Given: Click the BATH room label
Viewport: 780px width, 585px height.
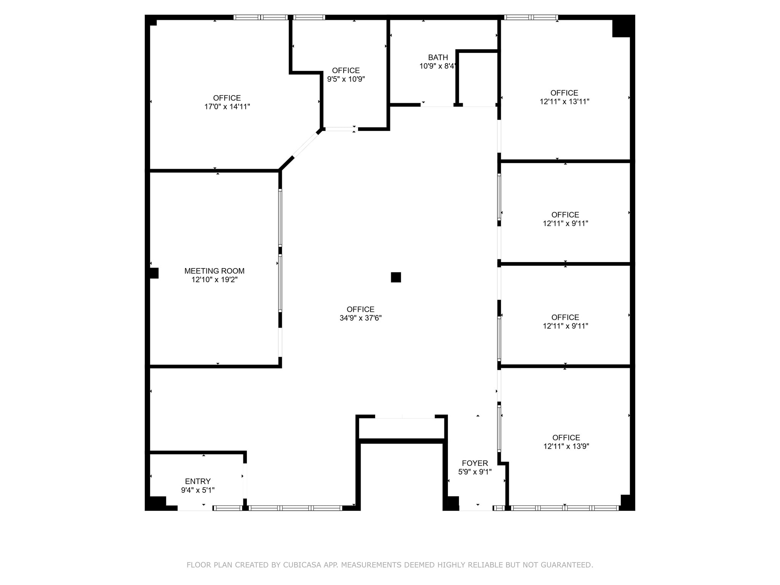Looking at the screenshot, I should tap(438, 58).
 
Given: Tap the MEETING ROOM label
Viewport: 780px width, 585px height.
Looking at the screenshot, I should tap(214, 271).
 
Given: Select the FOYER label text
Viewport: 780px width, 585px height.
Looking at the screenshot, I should tap(475, 463).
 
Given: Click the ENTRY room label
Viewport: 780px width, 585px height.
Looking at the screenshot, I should tap(198, 481).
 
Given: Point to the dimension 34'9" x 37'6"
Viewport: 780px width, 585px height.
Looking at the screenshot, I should tap(360, 318).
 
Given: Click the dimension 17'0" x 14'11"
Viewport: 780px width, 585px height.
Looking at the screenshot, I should tap(227, 107).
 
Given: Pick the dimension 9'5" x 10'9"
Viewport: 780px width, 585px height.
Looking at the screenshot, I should tap(346, 79).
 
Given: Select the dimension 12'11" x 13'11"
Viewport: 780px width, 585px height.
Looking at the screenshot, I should tap(564, 102).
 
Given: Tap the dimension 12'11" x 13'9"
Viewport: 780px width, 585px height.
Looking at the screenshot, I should tap(566, 446).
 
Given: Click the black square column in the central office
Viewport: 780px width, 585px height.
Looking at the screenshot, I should tap(396, 277).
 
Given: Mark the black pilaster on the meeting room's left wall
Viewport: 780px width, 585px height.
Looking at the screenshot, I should tap(154, 273).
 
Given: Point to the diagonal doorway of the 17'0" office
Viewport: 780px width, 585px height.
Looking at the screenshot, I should tap(305, 144).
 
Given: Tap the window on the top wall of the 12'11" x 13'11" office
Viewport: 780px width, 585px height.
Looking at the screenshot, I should tap(531, 18).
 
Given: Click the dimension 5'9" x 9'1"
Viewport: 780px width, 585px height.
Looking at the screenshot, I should tap(475, 472).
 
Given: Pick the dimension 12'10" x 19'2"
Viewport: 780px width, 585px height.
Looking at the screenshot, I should tap(214, 280).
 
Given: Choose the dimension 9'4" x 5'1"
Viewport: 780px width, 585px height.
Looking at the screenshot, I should tap(198, 490).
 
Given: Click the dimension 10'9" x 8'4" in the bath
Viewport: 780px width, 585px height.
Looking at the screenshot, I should tap(437, 66).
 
